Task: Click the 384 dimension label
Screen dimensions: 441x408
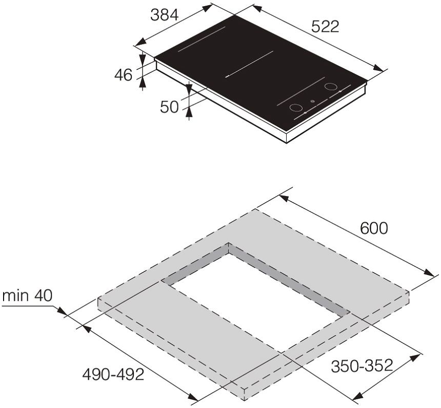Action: coord(164,15)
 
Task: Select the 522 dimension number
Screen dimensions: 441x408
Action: coord(325,27)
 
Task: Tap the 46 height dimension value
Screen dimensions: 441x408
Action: coord(123,75)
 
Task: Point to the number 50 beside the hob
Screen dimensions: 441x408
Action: coord(169,107)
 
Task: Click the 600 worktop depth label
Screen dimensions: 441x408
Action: coord(374,228)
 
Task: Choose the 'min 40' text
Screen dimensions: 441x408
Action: coord(27,296)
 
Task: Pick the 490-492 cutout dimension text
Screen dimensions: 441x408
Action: coord(113,374)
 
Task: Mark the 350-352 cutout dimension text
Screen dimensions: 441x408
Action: coord(362,366)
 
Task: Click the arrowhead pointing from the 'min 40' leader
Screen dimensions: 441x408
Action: coord(62,312)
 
